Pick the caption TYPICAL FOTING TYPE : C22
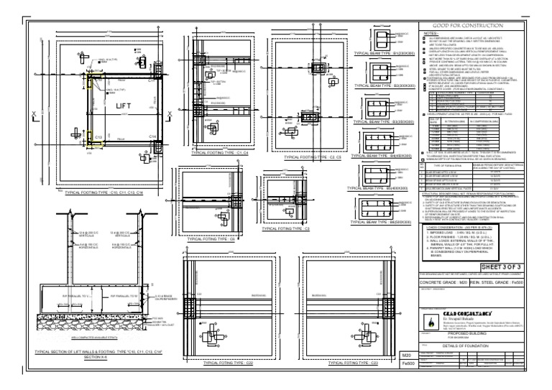[228, 364]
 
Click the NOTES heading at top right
[431, 33]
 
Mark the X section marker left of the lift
[34, 112]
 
